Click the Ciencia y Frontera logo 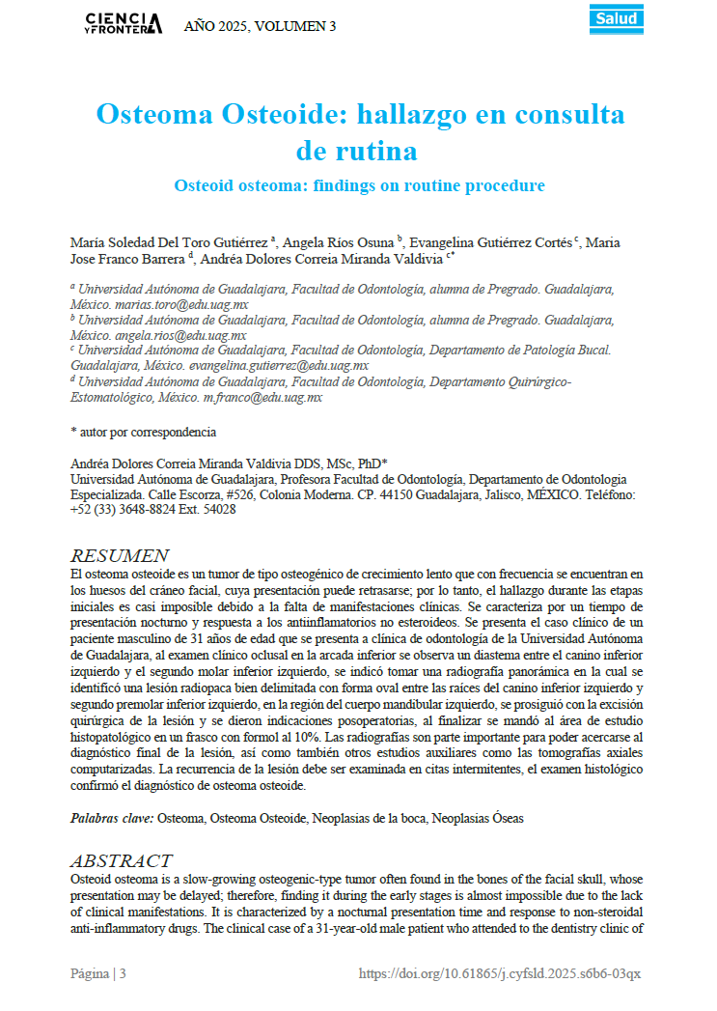[124, 23]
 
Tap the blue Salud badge [618, 19]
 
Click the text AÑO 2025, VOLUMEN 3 [260, 26]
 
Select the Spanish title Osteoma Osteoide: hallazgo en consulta [359, 115]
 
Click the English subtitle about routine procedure [359, 184]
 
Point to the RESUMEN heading [120, 555]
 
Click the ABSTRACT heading [122, 860]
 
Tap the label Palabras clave [112, 818]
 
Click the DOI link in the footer [500, 973]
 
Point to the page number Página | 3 [98, 973]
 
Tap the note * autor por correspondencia [144, 432]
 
